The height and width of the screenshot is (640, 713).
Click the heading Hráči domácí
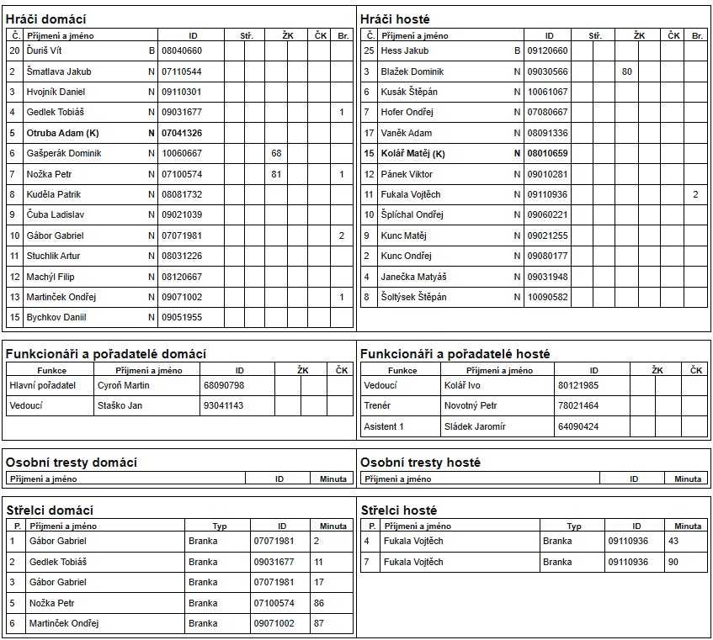[46, 19]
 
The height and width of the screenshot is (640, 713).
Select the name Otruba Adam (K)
[62, 133]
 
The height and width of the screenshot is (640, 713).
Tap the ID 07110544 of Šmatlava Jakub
[182, 71]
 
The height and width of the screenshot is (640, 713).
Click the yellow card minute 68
[276, 153]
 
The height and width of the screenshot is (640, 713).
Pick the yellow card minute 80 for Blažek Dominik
[627, 71]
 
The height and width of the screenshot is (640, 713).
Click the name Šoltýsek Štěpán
[413, 297]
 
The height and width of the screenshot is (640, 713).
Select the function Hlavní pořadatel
[42, 385]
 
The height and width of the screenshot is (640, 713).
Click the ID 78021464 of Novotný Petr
[578, 405]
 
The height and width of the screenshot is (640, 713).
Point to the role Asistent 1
[384, 426]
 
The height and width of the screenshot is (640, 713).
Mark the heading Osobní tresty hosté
[420, 463]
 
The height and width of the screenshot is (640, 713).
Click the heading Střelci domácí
[50, 510]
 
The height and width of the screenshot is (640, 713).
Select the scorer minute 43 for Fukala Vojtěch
[673, 541]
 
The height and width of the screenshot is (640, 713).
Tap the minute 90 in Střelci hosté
[673, 562]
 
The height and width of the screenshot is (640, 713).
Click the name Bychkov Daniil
[56, 317]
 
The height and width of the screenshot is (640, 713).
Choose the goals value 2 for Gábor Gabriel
[342, 235]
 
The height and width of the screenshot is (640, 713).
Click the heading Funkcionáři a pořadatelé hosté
[455, 354]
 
